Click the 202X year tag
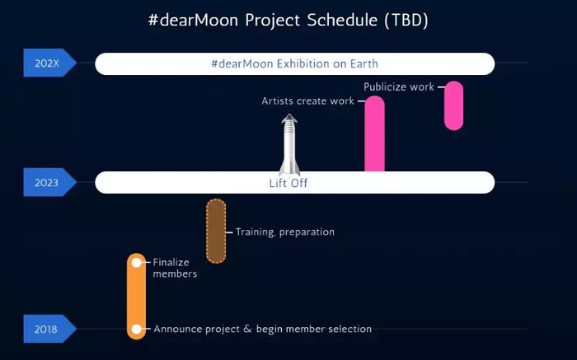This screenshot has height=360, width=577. coord(49,63)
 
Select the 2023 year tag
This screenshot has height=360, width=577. coord(49,182)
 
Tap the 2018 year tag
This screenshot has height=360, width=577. coord(49,329)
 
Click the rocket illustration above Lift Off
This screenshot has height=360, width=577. coord(289,144)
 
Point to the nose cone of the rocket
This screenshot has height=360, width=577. coord(289,118)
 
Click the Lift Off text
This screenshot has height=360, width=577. coord(288,183)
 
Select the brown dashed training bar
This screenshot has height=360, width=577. coord(216,231)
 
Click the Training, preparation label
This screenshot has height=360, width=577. coord(285,232)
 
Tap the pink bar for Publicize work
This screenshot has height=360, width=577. coord(453,105)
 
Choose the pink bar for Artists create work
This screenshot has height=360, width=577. coord(374,133)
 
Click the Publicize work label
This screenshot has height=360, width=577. coord(398,87)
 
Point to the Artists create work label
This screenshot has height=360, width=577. coord(307,101)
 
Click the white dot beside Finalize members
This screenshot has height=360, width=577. coord(137,263)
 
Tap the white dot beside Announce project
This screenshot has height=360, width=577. coord(137,329)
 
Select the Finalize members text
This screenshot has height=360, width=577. coord(175,268)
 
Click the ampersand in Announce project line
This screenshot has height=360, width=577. coord(247,329)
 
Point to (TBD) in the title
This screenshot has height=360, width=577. coord(406,20)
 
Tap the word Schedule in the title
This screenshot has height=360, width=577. coord(342,20)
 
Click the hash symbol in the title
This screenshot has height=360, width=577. coord(152,20)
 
